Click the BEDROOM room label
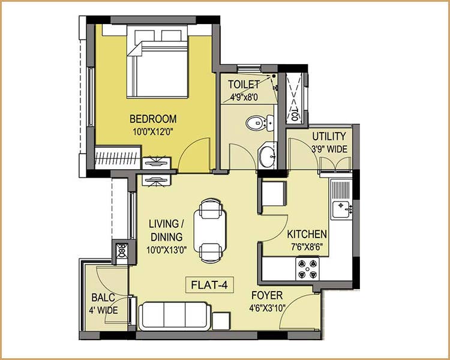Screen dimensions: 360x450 [154, 118]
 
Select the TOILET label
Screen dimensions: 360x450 [244, 85]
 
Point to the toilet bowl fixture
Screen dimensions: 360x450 [256, 124]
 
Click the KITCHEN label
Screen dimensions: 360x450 [307, 234]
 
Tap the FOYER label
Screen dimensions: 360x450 [266, 296]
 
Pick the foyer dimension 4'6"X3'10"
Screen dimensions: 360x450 [266, 308]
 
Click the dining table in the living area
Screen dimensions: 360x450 [212, 230]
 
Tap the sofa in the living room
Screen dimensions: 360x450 [174, 315]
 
